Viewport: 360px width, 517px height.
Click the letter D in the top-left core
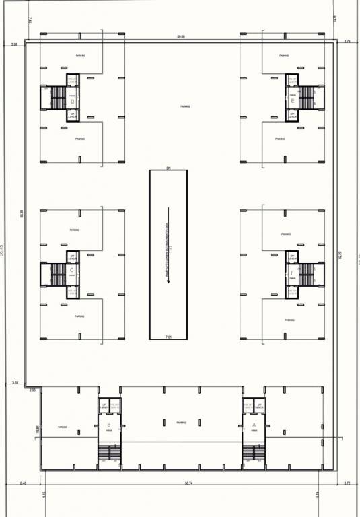[72, 102]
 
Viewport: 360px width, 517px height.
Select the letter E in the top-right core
[292, 101]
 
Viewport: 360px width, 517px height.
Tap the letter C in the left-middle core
[71, 270]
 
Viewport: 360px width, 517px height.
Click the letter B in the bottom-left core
[108, 425]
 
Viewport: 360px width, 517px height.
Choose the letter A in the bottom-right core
[254, 425]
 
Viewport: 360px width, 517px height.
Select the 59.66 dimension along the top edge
[181, 36]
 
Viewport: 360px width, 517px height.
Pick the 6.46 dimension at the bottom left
[24, 483]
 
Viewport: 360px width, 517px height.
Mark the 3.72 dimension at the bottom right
[347, 483]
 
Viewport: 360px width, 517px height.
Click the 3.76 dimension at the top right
[347, 42]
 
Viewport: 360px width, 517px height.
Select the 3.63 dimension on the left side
[15, 383]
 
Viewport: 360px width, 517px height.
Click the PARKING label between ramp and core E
[184, 106]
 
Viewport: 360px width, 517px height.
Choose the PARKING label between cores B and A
[181, 423]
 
